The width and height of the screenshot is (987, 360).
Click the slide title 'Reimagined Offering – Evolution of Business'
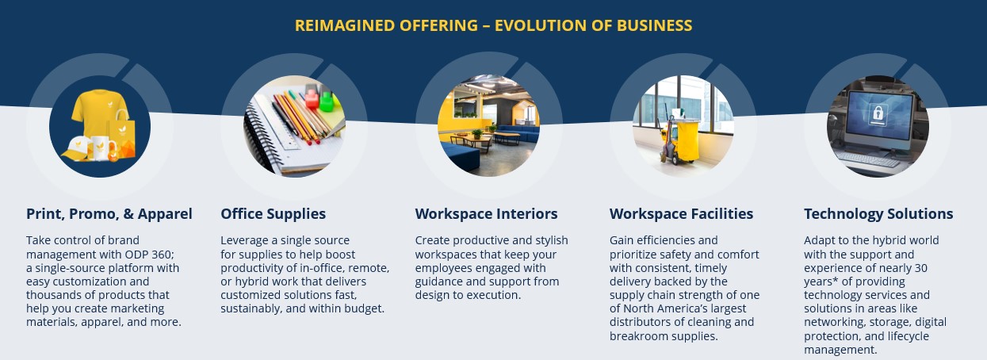pyautogui.click(x=493, y=25)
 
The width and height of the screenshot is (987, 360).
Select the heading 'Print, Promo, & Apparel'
pyautogui.click(x=109, y=214)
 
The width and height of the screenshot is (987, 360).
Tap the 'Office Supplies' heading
pyautogui.click(x=274, y=214)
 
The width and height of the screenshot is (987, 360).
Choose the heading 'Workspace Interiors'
pyautogui.click(x=487, y=214)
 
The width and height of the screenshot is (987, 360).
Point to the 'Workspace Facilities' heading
pyautogui.click(x=681, y=214)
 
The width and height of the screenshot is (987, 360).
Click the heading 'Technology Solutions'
pyautogui.click(x=878, y=214)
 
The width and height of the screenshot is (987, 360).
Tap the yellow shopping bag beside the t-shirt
pyautogui.click(x=122, y=133)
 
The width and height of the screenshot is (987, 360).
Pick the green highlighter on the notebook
pyautogui.click(x=327, y=101)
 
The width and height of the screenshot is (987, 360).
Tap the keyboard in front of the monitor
pyautogui.click(x=867, y=159)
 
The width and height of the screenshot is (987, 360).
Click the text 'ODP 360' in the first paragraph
pyautogui.click(x=149, y=255)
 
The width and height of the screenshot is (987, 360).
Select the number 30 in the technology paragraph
pyautogui.click(x=920, y=268)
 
